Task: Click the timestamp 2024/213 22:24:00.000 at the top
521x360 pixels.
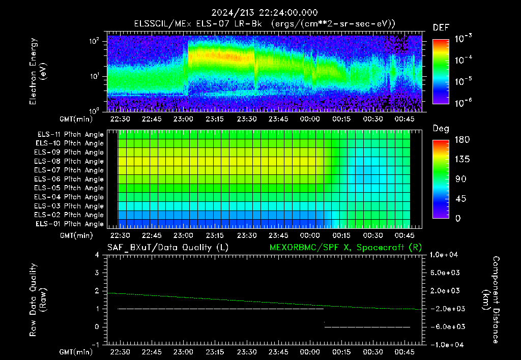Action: coord(265,13)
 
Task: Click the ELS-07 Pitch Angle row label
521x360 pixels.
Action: coord(69,170)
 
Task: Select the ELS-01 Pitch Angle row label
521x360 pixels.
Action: coord(69,224)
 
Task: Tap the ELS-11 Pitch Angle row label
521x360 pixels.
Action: coord(70,134)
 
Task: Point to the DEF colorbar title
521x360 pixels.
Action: coord(441,27)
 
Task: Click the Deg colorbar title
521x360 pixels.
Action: coord(441,129)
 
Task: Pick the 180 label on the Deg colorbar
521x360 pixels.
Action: coord(462,139)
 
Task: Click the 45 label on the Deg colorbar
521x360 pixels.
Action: coord(460,199)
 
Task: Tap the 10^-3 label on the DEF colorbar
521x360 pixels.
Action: coord(463,38)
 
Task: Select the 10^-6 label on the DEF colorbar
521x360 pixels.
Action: coord(463,103)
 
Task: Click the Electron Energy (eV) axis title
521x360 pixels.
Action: coord(38,71)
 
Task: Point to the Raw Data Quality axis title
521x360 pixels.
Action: coord(38,300)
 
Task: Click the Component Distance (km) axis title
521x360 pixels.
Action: coord(491,300)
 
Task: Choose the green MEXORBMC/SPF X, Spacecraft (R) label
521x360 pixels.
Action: coord(345,248)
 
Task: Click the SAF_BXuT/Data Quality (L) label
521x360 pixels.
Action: coord(168,248)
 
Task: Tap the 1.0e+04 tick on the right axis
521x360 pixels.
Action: coord(444,255)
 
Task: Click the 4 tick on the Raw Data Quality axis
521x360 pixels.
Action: coord(97,255)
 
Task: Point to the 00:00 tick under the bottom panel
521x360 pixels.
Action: coord(310,352)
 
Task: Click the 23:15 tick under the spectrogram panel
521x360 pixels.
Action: coord(215,119)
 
